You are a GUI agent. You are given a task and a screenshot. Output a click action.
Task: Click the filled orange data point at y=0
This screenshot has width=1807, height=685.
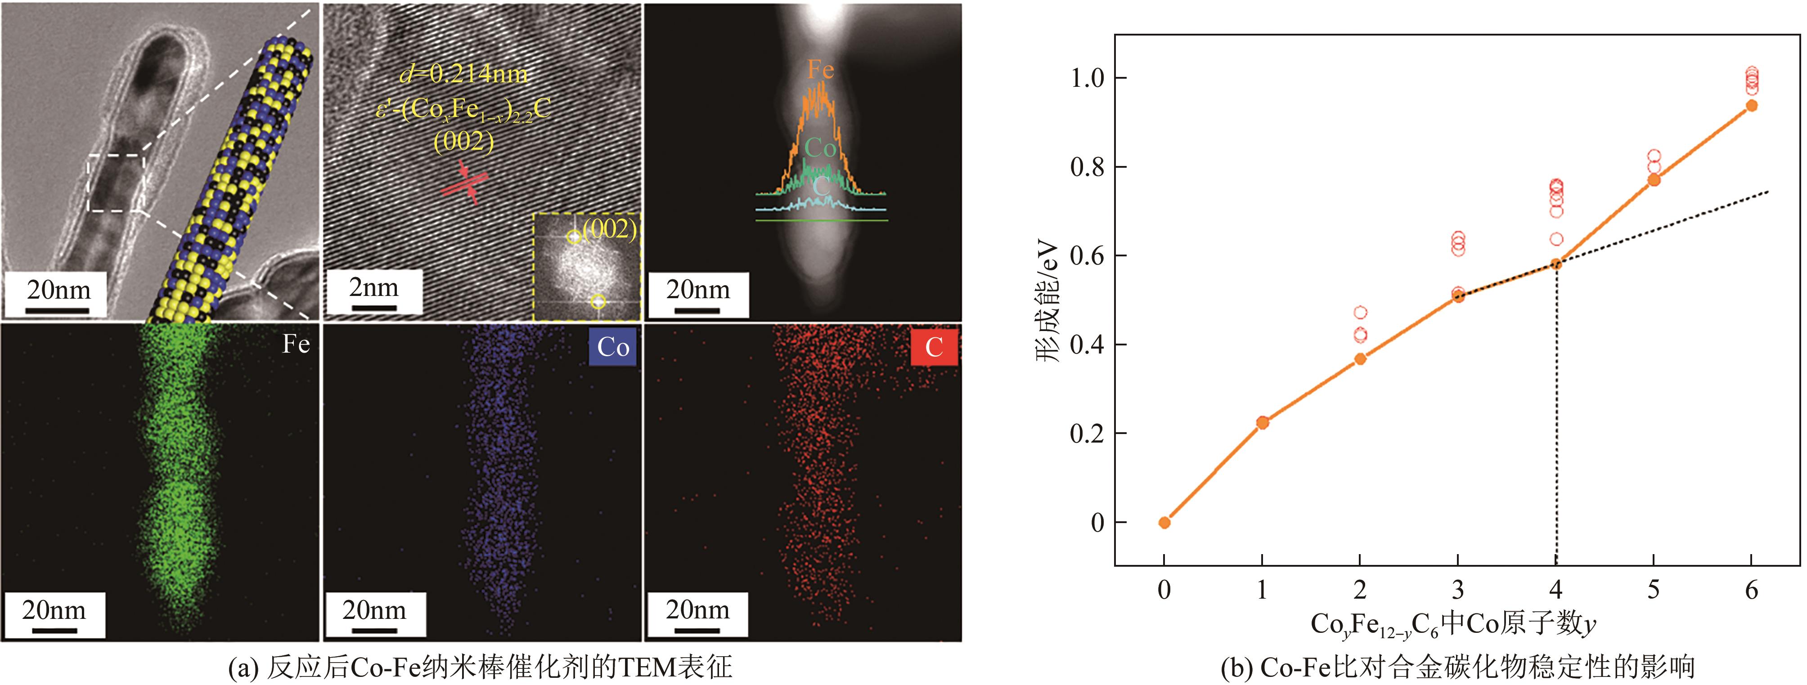tap(1164, 522)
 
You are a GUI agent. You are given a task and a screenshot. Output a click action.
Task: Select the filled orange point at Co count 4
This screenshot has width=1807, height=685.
tap(1556, 264)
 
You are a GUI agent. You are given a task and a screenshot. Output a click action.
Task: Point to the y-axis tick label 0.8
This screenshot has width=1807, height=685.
tap(1087, 167)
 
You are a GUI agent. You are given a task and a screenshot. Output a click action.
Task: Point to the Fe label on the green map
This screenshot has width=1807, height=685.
tap(295, 344)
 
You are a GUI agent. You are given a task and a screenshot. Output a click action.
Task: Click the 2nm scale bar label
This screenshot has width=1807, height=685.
tap(374, 287)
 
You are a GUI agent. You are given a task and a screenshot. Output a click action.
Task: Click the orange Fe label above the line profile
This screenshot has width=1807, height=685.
tap(820, 69)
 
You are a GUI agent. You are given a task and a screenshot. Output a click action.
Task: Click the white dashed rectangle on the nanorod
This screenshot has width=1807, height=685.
tap(116, 183)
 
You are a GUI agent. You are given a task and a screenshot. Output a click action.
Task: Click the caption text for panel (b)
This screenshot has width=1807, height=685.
tap(1457, 667)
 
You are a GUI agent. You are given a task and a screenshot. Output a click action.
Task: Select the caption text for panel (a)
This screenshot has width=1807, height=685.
tap(481, 667)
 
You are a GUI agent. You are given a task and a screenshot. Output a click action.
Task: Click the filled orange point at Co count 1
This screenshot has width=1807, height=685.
tap(1262, 422)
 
